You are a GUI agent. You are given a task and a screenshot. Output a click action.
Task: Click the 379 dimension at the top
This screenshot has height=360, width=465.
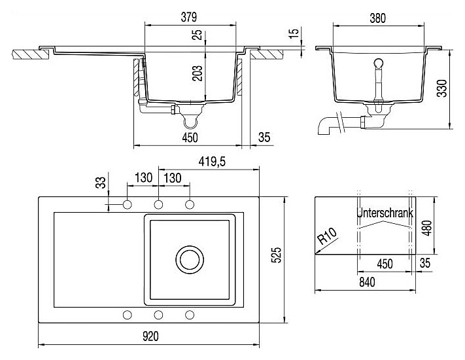(x=189, y=17)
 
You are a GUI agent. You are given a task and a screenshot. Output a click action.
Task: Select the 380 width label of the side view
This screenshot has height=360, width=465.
(x=378, y=18)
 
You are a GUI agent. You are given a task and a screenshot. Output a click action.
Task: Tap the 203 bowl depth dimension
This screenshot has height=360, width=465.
(x=198, y=73)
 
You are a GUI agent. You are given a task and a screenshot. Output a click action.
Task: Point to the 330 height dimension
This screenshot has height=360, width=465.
(x=442, y=88)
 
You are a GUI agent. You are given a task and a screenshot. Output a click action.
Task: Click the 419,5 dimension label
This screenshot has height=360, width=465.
(x=212, y=162)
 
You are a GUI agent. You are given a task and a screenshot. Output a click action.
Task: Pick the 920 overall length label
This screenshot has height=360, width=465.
(x=150, y=336)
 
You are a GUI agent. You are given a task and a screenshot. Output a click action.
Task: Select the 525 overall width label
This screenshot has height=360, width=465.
(x=276, y=255)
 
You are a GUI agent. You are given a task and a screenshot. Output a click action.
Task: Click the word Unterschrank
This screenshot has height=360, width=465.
(x=385, y=213)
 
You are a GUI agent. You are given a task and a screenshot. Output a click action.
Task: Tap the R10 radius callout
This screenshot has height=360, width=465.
(x=327, y=236)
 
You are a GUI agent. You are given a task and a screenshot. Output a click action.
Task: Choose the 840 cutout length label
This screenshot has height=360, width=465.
(x=367, y=282)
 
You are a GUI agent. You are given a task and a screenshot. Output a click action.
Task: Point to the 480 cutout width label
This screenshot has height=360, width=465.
(x=427, y=228)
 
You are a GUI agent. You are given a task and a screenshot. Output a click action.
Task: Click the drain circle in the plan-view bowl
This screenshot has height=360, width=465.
(x=190, y=259)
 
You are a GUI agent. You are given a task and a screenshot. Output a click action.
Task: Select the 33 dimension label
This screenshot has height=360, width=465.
(x=101, y=183)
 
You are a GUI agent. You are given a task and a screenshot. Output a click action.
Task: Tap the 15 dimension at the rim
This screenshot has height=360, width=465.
(x=293, y=33)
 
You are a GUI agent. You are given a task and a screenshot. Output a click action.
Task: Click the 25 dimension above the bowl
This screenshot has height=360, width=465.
(x=198, y=34)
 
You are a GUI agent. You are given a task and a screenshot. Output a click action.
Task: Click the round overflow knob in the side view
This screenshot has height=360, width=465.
(x=379, y=63)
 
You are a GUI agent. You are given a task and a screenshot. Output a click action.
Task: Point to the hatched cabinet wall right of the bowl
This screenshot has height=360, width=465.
(x=239, y=77)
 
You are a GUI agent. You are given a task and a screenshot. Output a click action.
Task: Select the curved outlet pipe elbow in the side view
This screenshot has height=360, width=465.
(x=325, y=126)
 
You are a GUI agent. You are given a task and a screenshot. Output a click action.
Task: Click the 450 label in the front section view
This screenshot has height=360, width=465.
(x=190, y=137)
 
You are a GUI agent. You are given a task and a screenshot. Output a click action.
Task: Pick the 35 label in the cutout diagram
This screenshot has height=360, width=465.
(x=425, y=263)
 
